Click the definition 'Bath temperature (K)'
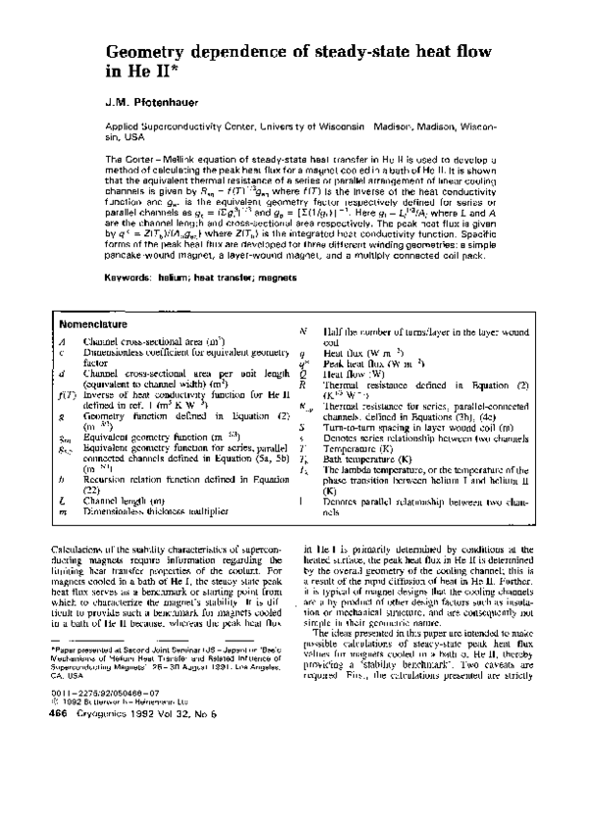pyautogui.click(x=370, y=459)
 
